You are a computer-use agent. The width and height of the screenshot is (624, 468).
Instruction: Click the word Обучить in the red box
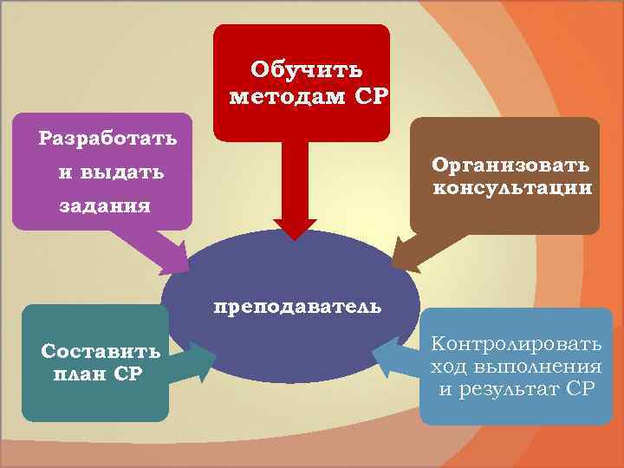click(x=306, y=68)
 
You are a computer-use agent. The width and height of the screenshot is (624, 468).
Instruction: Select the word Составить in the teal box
click(x=101, y=352)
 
